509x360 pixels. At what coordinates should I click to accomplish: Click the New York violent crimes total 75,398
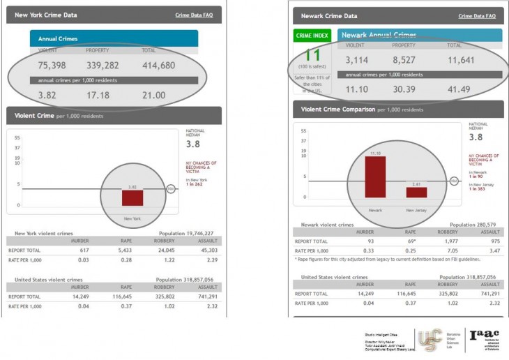click(x=52, y=65)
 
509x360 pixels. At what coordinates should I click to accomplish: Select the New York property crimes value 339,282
click(x=102, y=65)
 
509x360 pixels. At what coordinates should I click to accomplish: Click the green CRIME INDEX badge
click(x=313, y=36)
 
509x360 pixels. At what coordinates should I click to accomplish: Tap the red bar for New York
click(x=132, y=197)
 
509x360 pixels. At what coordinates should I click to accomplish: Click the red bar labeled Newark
click(x=375, y=177)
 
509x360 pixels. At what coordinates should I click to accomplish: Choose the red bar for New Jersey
click(x=416, y=192)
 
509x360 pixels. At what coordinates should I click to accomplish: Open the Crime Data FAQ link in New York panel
click(x=193, y=14)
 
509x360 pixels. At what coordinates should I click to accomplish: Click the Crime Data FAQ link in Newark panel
click(x=477, y=15)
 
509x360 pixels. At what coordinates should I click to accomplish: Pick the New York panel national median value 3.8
click(x=194, y=144)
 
